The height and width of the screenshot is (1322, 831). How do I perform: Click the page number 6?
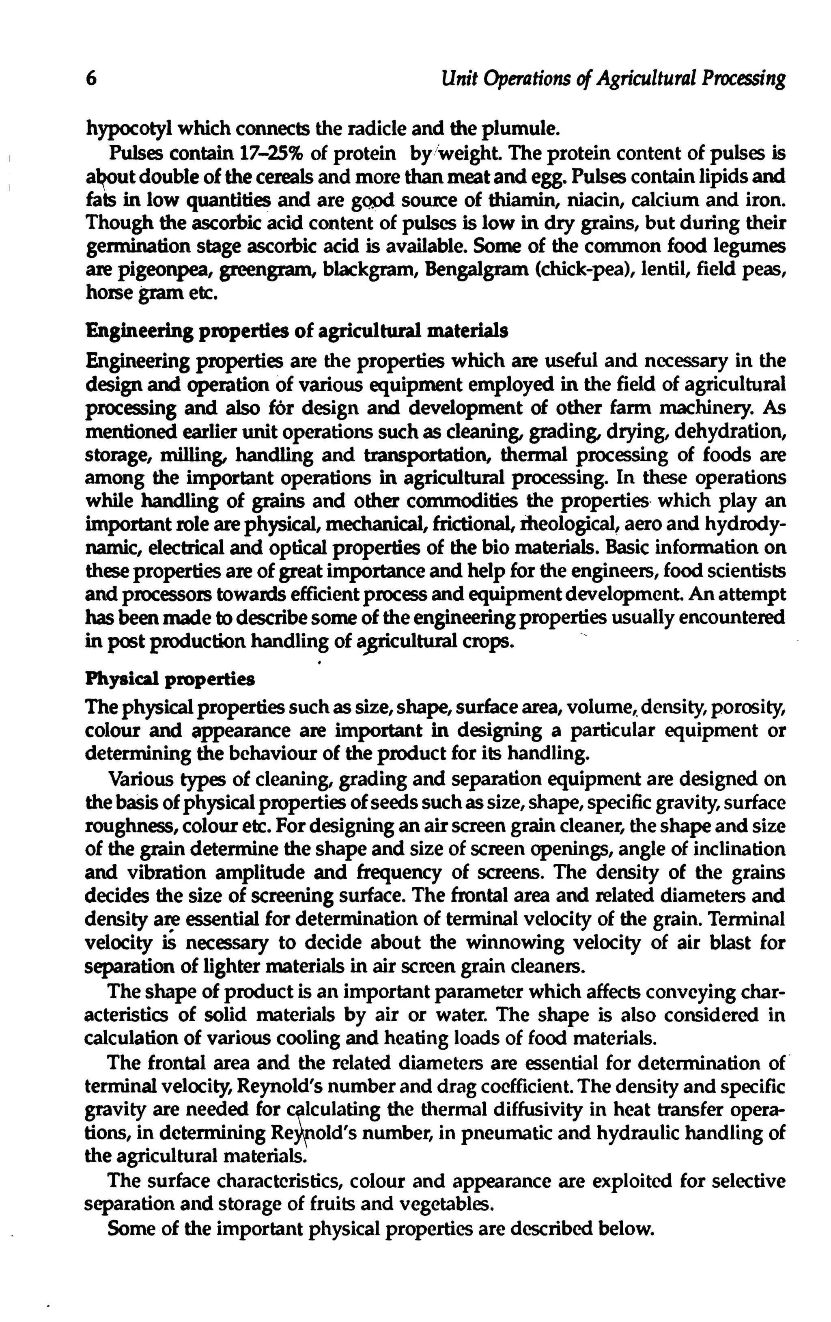pos(92,80)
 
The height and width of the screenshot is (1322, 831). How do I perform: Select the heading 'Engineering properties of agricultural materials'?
pos(297,331)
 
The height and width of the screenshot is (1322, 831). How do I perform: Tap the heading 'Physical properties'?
pos(170,679)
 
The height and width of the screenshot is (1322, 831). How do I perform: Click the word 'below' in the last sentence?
pos(626,1227)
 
